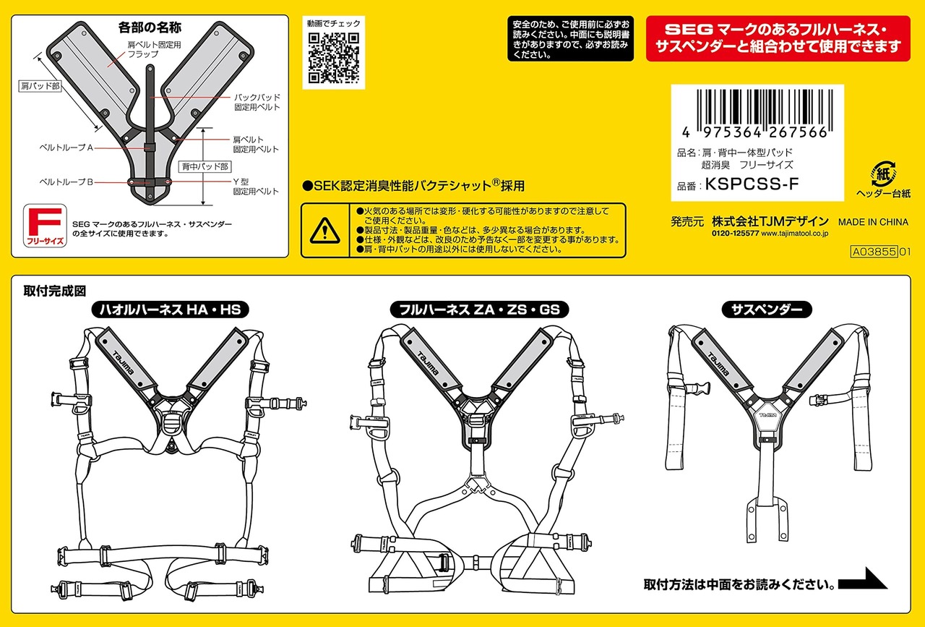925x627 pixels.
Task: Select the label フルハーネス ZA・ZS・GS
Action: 479,310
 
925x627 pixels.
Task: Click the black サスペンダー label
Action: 767,310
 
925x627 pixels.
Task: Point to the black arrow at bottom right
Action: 864,580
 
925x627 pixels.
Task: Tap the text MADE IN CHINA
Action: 873,222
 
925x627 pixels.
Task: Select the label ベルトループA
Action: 66,148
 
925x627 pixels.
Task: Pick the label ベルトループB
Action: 66,182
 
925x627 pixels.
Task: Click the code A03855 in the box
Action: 874,252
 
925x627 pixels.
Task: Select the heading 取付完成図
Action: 55,291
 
